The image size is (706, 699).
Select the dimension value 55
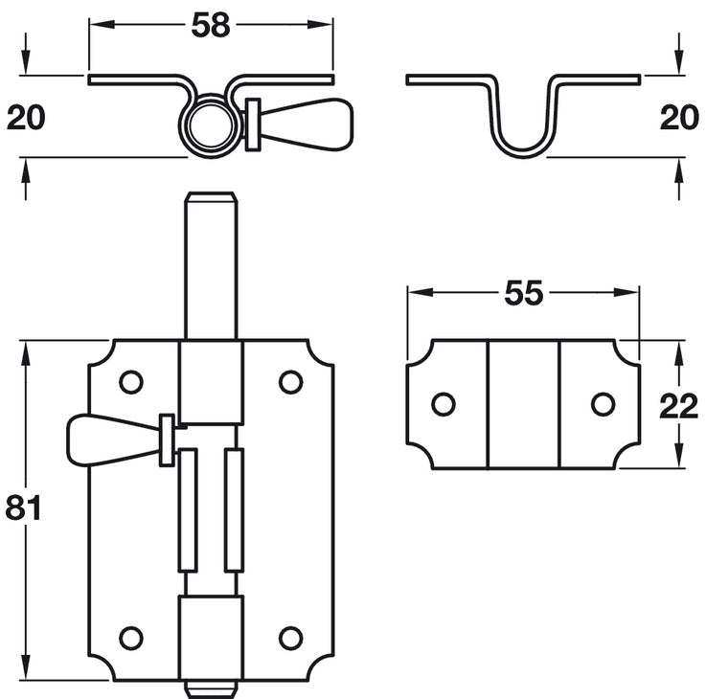tap(522, 294)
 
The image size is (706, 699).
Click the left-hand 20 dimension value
tap(27, 118)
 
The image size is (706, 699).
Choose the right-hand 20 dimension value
tap(678, 118)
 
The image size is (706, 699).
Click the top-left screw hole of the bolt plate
tap(130, 382)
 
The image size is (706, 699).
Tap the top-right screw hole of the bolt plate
tap(290, 382)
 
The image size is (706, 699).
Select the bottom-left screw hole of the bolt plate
tap(130, 638)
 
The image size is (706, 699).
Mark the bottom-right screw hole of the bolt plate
tap(290, 638)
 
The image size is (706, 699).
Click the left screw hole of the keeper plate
tap(443, 404)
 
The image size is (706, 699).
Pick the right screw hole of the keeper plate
tap(603, 404)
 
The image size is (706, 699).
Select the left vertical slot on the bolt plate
tap(188, 509)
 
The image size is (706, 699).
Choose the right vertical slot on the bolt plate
tap(233, 509)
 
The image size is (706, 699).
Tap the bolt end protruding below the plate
tap(211, 687)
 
